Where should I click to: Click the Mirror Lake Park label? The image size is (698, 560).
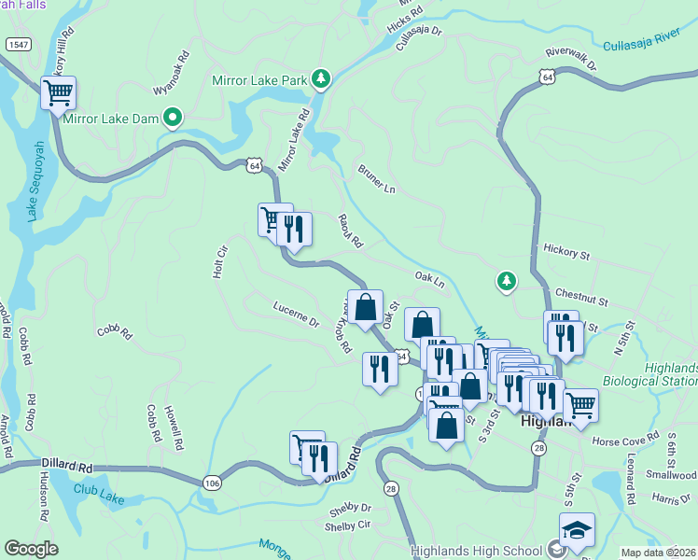pos(259,80)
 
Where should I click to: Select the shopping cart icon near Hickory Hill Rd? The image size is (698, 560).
pos(58,93)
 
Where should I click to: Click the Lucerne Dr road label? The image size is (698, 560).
pos(297,314)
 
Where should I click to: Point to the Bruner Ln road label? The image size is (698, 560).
pos(377,180)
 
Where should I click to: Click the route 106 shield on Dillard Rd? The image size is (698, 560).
pos(213,482)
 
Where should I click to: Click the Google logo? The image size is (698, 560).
pos(31,549)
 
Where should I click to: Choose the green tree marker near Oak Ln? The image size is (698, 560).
pos(506,280)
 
